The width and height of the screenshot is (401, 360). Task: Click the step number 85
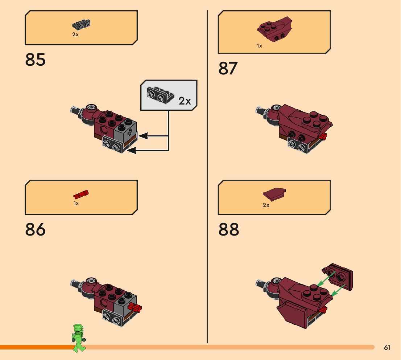(36, 60)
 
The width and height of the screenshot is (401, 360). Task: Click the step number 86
(36, 230)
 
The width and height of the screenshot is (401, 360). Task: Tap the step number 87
(228, 68)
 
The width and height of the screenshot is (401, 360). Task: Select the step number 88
(228, 230)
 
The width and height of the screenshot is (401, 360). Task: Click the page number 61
(387, 348)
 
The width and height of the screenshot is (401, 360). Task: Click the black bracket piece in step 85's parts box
(82, 25)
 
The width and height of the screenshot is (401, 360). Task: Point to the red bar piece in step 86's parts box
(81, 194)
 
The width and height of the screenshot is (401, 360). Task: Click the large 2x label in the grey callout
(185, 101)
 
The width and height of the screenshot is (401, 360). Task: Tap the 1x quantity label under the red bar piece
(76, 204)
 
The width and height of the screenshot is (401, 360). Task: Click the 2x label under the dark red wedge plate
(266, 205)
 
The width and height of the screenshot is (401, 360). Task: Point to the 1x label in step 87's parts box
(259, 46)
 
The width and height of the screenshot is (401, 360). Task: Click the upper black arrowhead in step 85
(143, 136)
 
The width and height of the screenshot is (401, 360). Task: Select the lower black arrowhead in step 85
(131, 150)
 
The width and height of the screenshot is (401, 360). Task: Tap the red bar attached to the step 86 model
(135, 307)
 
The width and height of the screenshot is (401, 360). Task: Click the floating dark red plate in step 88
(338, 277)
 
